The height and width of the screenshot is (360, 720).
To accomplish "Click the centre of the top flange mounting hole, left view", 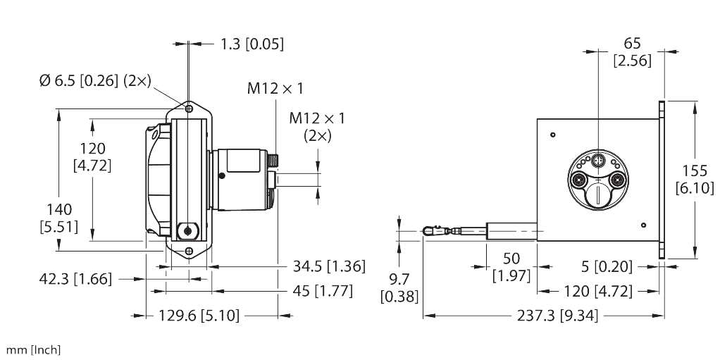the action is [189, 108].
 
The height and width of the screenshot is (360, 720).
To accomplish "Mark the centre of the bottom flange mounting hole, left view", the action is [189, 251].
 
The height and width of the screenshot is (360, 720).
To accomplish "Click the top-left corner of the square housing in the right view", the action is [538, 119].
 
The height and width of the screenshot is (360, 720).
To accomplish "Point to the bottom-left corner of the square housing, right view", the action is [538, 241].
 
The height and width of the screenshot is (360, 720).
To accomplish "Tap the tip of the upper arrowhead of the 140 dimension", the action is [58, 108].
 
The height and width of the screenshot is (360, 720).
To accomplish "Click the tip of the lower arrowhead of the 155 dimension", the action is [695, 259].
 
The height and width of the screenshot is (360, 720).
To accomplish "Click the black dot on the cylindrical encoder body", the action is [222, 175].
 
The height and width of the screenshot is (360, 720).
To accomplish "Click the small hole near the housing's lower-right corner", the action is [643, 225].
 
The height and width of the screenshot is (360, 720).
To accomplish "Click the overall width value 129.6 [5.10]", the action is [199, 316].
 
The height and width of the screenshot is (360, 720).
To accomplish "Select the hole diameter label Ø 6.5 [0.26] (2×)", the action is [95, 81].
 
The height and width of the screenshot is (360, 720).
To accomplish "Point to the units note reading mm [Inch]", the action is [33, 350].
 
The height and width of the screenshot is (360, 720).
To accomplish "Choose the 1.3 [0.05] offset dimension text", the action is [252, 44].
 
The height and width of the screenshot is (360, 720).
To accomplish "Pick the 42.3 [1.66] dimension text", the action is [75, 279].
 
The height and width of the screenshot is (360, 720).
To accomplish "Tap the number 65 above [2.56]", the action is [633, 44].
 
